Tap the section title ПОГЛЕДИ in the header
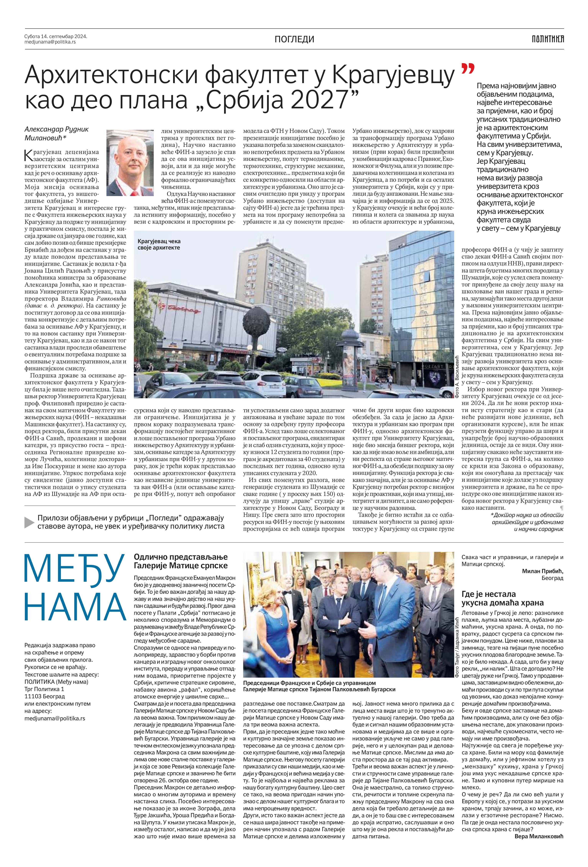(294, 39)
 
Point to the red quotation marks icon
(468, 69)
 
